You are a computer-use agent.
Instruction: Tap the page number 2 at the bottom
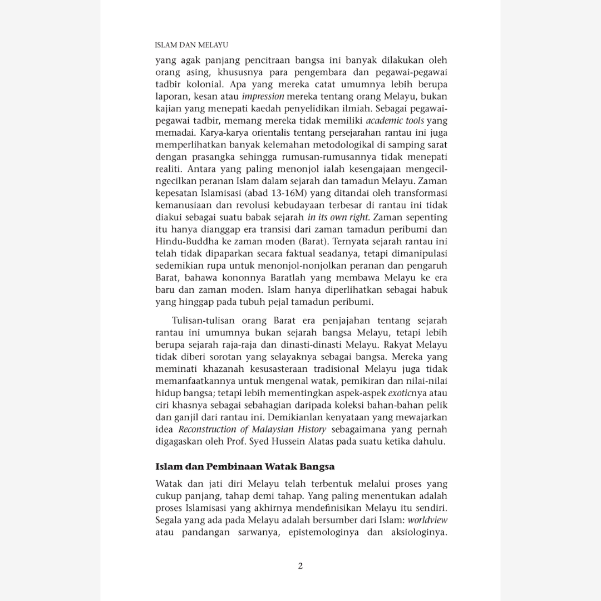pyautogui.click(x=300, y=566)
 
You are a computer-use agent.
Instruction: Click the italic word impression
pyautogui.click(x=264, y=96)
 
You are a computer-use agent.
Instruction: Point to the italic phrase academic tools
pyautogui.click(x=395, y=121)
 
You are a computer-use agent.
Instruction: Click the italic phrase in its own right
pyautogui.click(x=339, y=216)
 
